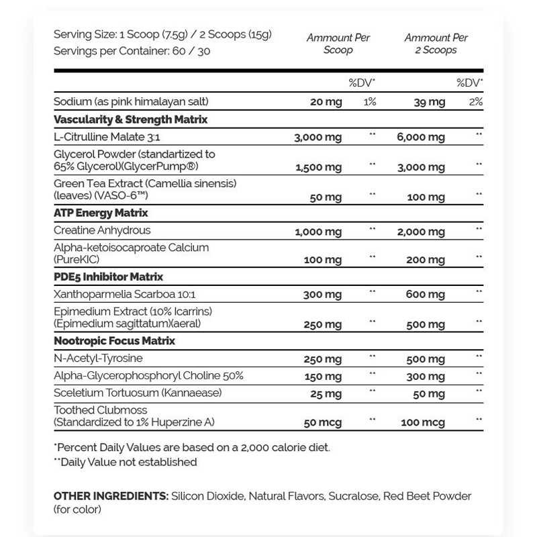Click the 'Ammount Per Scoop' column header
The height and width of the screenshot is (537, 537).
[338, 44]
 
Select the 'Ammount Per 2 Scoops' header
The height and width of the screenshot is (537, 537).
[436, 44]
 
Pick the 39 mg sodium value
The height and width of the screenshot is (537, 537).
[429, 102]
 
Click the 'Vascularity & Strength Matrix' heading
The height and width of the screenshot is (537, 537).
[130, 119]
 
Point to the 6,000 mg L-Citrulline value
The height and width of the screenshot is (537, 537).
[420, 138]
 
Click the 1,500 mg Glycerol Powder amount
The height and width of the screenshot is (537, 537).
[318, 165]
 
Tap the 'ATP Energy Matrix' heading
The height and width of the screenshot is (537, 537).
[101, 213]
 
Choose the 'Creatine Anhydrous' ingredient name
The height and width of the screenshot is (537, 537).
[102, 230]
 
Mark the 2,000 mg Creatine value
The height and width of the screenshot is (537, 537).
[420, 232]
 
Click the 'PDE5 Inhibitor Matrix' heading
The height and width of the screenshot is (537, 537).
[108, 277]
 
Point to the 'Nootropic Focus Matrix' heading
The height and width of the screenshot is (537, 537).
[114, 341]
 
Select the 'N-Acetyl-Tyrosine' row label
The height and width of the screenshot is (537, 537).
[98, 358]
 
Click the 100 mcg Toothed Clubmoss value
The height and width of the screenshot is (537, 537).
[424, 422]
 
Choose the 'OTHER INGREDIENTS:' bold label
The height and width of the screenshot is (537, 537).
[111, 496]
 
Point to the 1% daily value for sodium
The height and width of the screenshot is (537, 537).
[369, 102]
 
